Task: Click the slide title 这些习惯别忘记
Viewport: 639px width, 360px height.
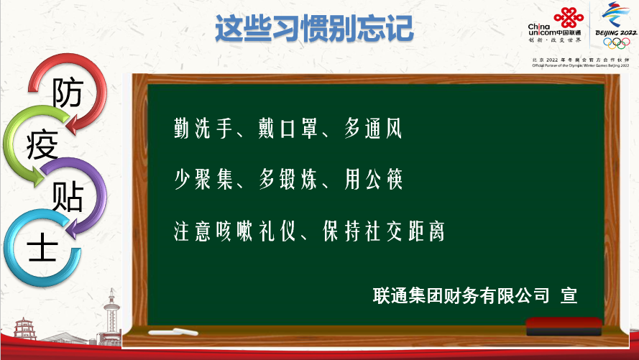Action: pyautogui.click(x=314, y=28)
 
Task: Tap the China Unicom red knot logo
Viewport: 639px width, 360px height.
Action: pyautogui.click(x=568, y=17)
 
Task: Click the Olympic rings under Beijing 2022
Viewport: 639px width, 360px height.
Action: pyautogui.click(x=617, y=43)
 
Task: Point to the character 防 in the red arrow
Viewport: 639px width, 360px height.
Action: pyautogui.click(x=68, y=92)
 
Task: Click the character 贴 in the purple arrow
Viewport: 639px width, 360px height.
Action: pyautogui.click(x=68, y=196)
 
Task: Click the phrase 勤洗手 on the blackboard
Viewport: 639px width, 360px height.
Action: pyautogui.click(x=203, y=128)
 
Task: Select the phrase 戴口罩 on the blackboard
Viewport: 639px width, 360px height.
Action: pyautogui.click(x=288, y=128)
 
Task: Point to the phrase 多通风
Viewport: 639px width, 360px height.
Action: pyautogui.click(x=373, y=128)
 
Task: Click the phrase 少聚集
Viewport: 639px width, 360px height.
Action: pyautogui.click(x=203, y=179)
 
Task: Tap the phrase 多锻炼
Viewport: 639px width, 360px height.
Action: pyautogui.click(x=288, y=179)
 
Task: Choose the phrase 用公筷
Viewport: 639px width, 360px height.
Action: pyautogui.click(x=373, y=179)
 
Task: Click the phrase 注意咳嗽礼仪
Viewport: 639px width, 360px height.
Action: pyautogui.click(x=234, y=231)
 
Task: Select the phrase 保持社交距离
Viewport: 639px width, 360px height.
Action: pyautogui.click(x=384, y=231)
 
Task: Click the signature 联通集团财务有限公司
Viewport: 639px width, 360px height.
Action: pyautogui.click(x=461, y=295)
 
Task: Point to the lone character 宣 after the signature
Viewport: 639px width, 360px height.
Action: pyautogui.click(x=569, y=295)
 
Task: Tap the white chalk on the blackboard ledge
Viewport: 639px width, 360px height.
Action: pyautogui.click(x=173, y=332)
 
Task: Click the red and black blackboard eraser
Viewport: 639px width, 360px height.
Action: pyautogui.click(x=564, y=327)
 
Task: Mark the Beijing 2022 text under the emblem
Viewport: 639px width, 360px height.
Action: pyautogui.click(x=616, y=32)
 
